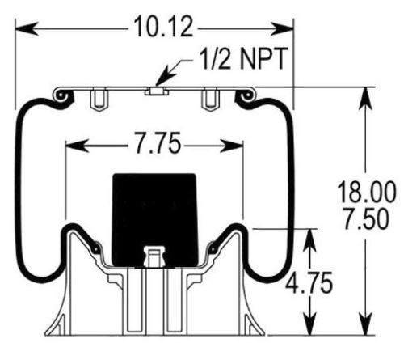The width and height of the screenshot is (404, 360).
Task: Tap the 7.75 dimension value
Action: pyautogui.click(x=153, y=146)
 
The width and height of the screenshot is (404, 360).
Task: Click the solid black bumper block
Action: pyautogui.click(x=153, y=218)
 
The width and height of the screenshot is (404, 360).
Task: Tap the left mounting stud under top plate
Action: pyautogui.click(x=99, y=101)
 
